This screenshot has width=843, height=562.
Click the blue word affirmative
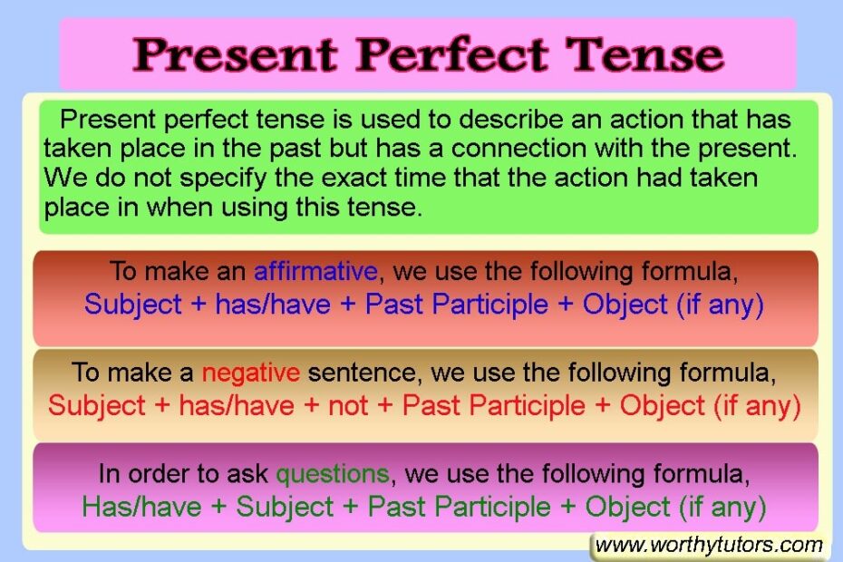point(315,270)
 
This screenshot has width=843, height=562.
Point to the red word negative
point(251,372)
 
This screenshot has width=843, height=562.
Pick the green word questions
point(333,473)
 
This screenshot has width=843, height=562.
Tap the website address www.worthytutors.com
point(709,545)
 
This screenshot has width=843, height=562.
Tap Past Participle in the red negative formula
point(494,405)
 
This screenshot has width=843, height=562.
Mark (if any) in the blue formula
point(721,304)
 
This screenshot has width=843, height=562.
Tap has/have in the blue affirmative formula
point(273,304)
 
